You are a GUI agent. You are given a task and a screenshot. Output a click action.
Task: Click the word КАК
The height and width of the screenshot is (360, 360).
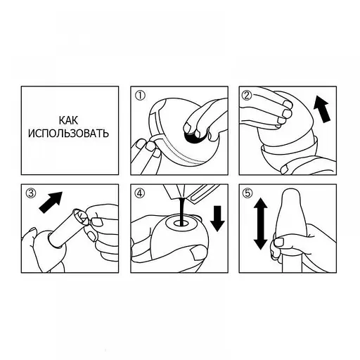point(68,120)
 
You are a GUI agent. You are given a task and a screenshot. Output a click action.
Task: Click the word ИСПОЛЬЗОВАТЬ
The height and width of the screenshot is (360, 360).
point(68,134)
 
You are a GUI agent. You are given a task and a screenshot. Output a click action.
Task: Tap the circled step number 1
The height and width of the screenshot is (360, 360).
point(141,96)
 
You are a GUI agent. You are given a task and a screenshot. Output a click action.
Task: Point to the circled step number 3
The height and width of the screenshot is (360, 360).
point(31,193)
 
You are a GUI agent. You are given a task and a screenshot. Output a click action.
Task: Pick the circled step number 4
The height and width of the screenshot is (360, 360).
point(140,193)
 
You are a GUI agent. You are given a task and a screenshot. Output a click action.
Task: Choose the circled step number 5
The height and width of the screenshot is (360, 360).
point(248,193)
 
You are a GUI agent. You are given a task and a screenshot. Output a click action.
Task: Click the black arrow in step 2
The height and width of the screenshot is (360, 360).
point(322,108)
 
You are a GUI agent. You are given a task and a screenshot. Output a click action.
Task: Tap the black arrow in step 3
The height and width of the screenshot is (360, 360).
point(51,202)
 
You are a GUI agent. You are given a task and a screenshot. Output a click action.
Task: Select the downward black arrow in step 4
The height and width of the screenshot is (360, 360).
point(218,219)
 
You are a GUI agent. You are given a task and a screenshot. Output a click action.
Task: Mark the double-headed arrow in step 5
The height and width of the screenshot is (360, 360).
point(260,223)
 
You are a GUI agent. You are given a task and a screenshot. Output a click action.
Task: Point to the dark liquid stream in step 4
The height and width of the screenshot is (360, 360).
point(181,212)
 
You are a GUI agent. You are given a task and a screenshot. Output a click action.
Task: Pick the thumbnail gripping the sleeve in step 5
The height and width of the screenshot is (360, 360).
point(278,242)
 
